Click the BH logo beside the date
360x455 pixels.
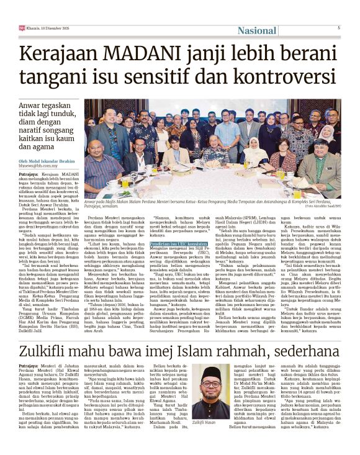point(22,27)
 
